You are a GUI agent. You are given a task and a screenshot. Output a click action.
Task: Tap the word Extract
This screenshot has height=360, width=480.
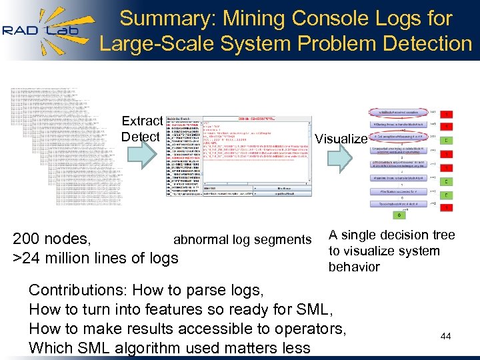142,121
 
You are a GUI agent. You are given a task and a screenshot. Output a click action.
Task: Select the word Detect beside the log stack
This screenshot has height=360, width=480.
140,137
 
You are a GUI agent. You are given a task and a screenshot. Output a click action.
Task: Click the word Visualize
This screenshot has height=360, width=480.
341,139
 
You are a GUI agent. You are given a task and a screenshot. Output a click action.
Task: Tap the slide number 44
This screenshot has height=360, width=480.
445,337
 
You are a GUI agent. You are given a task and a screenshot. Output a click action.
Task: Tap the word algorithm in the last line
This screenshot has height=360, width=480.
158,347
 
